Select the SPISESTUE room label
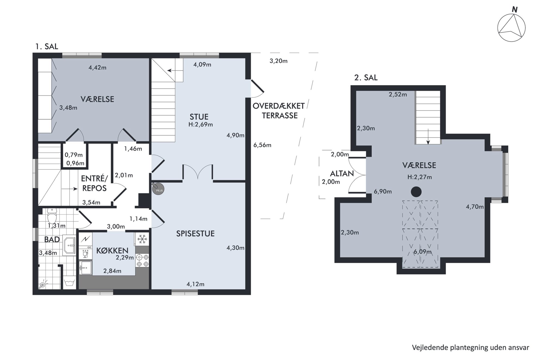[x=195, y=233]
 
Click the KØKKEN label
[x=112, y=250]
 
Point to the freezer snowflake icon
[x=142, y=239]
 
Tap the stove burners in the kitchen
[x=142, y=260]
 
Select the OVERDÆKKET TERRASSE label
[x=279, y=111]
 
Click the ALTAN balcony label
[x=342, y=174]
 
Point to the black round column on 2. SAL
[x=416, y=192]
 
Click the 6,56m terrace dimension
[x=262, y=145]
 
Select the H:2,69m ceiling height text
[x=201, y=125]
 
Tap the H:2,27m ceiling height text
[x=419, y=177]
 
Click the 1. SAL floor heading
[x=47, y=47]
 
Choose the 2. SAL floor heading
[x=366, y=78]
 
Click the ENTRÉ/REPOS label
[x=94, y=183]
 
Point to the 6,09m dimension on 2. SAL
[x=423, y=252]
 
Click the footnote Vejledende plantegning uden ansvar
[x=471, y=347]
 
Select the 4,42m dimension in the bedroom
[x=97, y=67]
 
